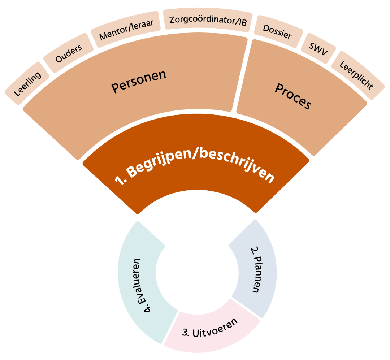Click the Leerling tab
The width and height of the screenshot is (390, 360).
coord(27,84)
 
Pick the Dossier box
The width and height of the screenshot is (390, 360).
coord(277,32)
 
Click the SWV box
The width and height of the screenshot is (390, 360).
coord(318,48)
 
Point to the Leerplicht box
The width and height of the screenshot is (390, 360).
coord(356,75)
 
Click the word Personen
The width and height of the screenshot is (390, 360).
coord(139,81)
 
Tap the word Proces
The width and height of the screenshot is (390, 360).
coord(292,96)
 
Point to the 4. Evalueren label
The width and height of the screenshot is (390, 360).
coord(143,285)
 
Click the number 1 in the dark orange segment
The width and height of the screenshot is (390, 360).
coord(118,181)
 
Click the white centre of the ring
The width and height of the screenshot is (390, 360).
coord(197,274)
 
